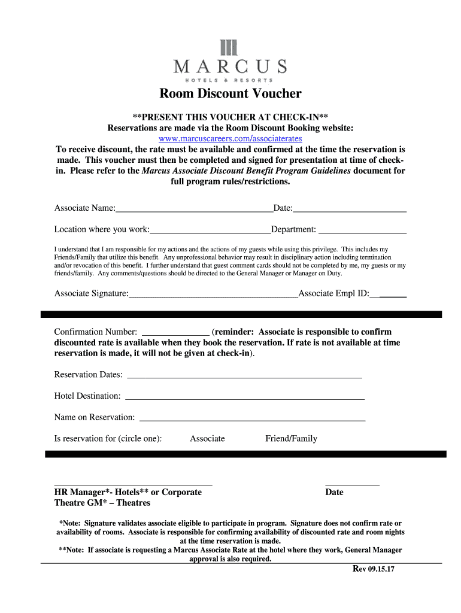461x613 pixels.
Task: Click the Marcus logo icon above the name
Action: [x=230, y=48]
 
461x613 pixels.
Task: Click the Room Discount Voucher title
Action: [x=230, y=93]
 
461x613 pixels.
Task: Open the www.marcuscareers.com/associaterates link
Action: [x=230, y=138]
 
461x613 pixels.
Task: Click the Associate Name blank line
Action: [x=194, y=209]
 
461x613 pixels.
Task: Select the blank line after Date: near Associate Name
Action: [x=350, y=209]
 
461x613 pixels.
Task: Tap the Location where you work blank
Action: [x=210, y=230]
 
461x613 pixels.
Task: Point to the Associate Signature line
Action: [x=213, y=294]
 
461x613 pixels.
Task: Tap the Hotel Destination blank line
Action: [x=244, y=397]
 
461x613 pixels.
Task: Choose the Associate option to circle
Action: [x=207, y=439]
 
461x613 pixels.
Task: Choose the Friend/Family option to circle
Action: [x=291, y=439]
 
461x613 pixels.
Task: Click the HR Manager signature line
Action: [x=133, y=482]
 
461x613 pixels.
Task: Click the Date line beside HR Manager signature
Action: [x=352, y=482]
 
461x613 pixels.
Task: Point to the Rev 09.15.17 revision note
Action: [x=372, y=569]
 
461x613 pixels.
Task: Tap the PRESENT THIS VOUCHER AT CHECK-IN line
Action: [x=230, y=117]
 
